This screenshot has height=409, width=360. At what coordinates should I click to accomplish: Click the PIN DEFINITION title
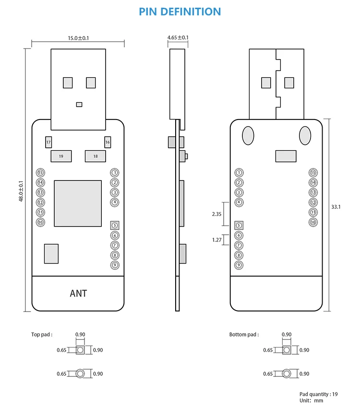tap(180, 12)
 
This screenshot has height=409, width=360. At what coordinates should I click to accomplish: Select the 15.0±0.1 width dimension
tap(78, 38)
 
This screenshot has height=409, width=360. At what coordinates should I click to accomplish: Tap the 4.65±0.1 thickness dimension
tap(178, 37)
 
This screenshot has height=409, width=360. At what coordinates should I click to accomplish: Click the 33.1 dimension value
tap(336, 207)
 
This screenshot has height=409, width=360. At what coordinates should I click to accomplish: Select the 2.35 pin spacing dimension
tap(216, 214)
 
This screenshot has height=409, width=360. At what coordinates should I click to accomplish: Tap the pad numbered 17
tap(48, 143)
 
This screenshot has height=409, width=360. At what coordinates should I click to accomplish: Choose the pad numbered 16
tap(108, 143)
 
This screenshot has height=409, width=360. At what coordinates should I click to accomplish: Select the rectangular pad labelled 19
tap(61, 156)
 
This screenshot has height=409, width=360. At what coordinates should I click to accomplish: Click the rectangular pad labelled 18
tap(95, 156)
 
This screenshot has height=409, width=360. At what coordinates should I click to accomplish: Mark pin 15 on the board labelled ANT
tap(41, 172)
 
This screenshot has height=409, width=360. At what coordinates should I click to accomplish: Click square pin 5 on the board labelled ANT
tap(114, 225)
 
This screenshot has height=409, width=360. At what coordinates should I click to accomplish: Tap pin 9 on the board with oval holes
tap(239, 265)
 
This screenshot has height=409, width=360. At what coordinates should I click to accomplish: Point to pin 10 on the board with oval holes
tap(313, 222)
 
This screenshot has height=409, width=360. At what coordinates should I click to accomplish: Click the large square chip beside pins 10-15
tap(78, 204)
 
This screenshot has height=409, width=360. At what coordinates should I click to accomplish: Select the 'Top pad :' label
tap(42, 335)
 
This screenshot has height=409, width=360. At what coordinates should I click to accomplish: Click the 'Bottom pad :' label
tap(244, 335)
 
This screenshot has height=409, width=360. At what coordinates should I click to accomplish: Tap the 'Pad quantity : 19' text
tap(318, 394)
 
